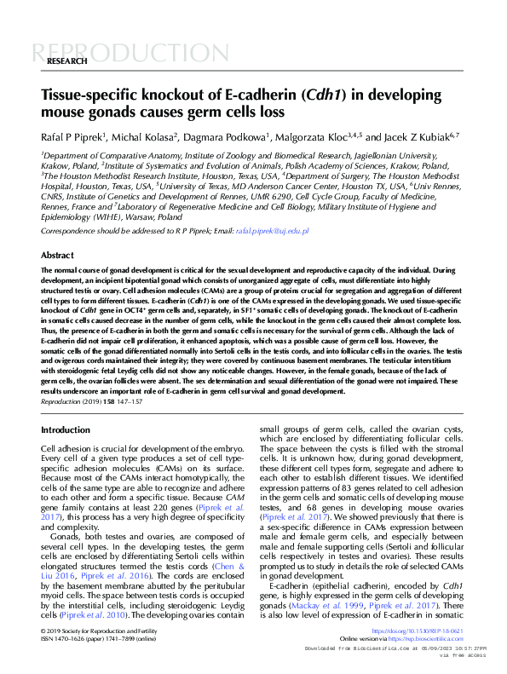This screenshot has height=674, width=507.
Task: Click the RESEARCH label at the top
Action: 66,62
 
